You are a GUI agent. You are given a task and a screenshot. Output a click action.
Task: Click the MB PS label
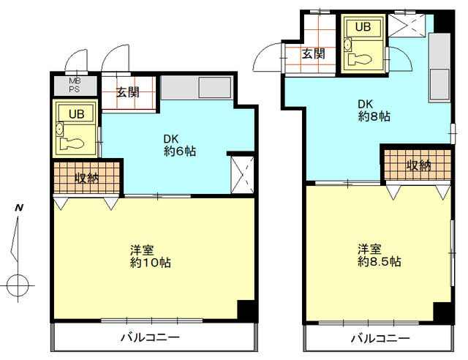75,85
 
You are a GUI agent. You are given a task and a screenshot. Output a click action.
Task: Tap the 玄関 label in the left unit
128,92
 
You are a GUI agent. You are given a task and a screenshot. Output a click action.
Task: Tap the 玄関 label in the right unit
314,53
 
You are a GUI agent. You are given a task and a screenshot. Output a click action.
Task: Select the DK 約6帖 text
180,145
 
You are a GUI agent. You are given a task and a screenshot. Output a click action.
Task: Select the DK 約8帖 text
374,110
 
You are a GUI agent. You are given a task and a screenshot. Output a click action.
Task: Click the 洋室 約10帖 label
151,256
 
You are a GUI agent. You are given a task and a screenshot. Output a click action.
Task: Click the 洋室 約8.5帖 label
380,255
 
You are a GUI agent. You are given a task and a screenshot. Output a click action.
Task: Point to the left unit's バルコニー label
150,338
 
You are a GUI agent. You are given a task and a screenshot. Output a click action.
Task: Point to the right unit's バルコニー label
380,339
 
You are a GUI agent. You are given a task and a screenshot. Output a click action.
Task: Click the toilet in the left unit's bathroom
71,143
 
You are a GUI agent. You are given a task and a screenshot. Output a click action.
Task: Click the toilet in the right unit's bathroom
361,59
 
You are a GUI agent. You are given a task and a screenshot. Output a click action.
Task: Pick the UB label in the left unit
76,114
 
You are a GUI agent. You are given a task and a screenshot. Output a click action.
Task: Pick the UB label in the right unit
363,27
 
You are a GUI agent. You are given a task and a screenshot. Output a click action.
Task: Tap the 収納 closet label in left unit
86,178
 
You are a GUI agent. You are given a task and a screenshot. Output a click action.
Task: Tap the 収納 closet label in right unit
418,165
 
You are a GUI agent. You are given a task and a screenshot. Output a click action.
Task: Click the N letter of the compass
19,207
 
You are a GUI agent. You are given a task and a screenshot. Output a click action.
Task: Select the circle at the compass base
18,285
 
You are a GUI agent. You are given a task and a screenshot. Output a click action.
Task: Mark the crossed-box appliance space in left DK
242,175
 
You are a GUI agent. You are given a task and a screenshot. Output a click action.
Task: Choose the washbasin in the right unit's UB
348,44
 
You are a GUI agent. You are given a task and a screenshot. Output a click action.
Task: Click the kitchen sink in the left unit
215,88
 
